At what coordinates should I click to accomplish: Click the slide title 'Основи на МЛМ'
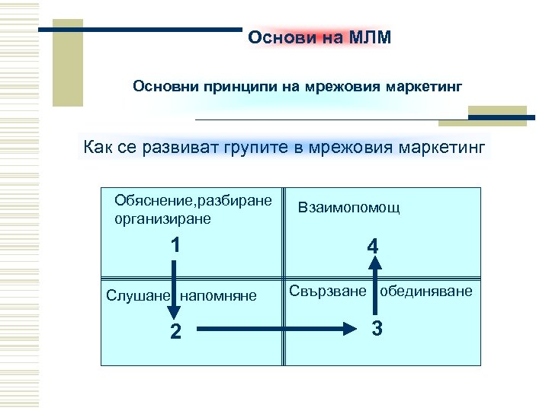pyautogui.click(x=319, y=39)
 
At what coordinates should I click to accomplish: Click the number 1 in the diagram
pyautogui.click(x=175, y=245)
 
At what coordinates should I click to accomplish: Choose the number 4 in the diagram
pyautogui.click(x=371, y=247)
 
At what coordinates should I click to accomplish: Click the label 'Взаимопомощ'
pyautogui.click(x=348, y=208)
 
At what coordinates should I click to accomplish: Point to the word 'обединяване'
pyautogui.click(x=426, y=292)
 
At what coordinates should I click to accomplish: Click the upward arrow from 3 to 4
pyautogui.click(x=374, y=285)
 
